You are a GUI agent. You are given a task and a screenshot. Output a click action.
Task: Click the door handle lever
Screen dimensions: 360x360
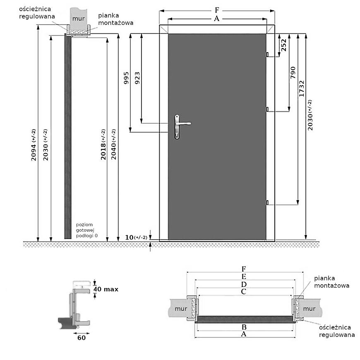[184, 123]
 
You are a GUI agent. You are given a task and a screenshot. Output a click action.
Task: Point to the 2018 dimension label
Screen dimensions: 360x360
[103, 145]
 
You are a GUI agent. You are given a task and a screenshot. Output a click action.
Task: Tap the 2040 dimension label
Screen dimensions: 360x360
[114, 145]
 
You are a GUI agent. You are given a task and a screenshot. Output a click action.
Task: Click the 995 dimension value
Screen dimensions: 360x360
[127, 78]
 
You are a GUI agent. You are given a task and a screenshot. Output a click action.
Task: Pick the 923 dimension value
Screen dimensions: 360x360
[137, 78]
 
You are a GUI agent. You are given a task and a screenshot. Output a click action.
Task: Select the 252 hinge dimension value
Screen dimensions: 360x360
[283, 44]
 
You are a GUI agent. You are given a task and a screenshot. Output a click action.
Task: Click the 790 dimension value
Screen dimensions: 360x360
[293, 73]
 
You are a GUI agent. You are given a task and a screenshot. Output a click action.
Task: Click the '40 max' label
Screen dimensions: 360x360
[106, 289]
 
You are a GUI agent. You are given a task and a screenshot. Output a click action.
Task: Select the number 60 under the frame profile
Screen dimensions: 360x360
[81, 337]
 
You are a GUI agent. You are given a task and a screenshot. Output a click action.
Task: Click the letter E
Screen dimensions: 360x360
[244, 276]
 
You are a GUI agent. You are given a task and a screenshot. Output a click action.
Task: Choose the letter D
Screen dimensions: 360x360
[244, 284]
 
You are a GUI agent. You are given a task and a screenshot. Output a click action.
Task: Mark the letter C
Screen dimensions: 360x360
[244, 292]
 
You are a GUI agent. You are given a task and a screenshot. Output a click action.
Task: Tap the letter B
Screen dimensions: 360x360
[244, 326]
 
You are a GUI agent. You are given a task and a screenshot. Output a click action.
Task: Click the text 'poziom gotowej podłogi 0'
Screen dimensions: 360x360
[86, 230]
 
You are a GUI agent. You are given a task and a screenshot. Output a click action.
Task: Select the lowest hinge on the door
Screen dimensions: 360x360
[268, 202]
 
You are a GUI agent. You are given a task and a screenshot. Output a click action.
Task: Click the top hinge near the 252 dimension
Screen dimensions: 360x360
[268, 54]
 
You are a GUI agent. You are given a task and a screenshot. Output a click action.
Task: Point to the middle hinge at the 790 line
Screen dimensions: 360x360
[268, 109]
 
